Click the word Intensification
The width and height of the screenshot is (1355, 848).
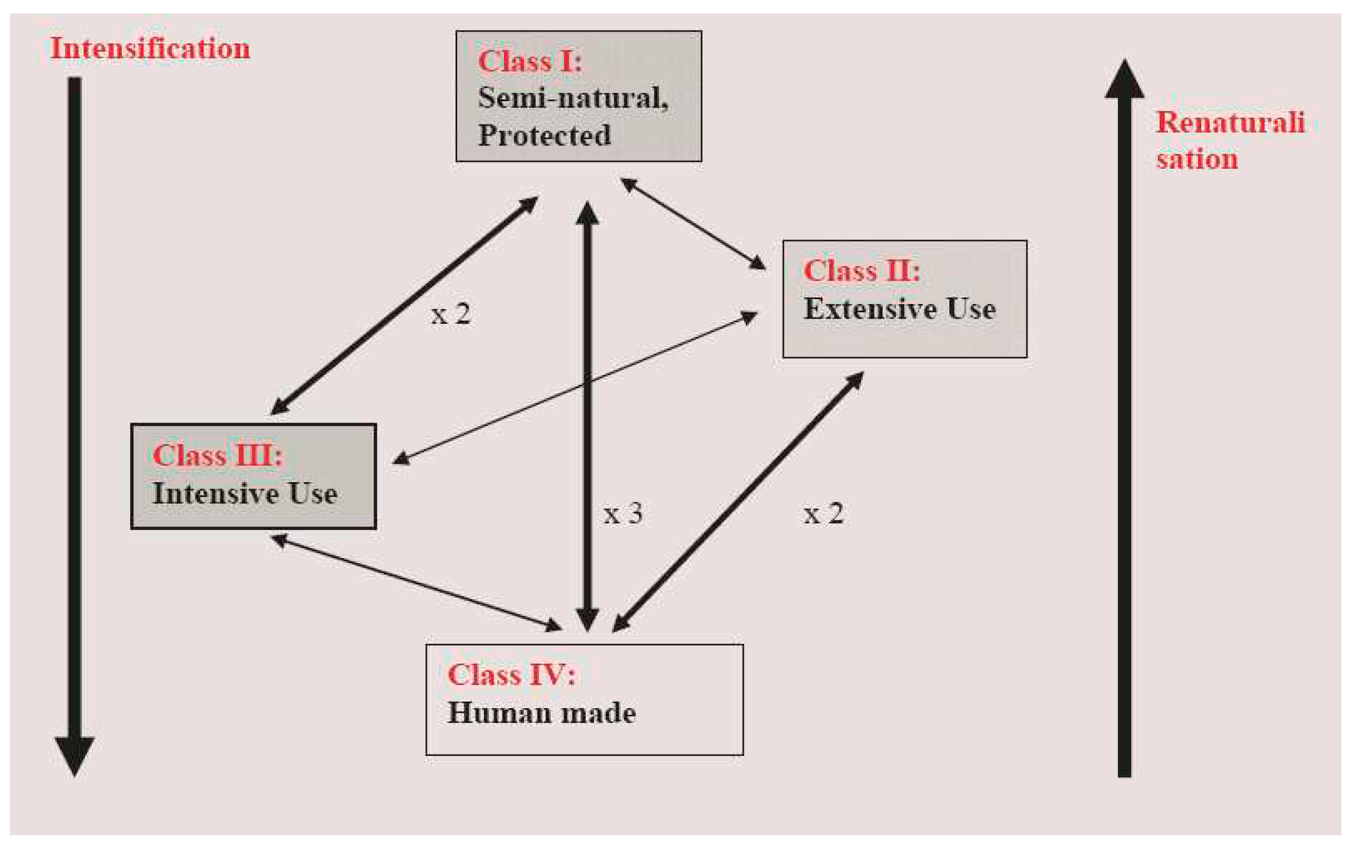[x=150, y=49]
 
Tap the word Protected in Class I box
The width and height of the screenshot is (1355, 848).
[x=544, y=135]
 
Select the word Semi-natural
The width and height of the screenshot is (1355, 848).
[x=572, y=98]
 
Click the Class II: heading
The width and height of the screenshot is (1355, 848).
[x=861, y=271]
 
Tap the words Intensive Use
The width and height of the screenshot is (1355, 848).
[x=245, y=494]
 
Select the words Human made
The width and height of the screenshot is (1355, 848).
[x=541, y=713]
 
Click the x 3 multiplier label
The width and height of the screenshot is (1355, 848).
[x=623, y=513]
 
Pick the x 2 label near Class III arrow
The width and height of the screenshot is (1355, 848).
[x=450, y=314]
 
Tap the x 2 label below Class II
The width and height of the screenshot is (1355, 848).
[x=823, y=513]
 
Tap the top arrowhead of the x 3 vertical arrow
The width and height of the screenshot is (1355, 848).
[x=587, y=213]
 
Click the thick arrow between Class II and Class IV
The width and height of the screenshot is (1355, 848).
[x=738, y=502]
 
